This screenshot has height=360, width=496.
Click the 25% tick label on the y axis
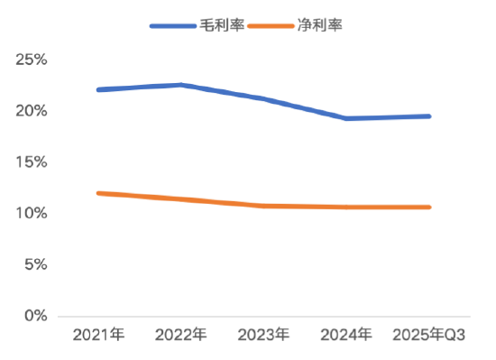tap(32, 60)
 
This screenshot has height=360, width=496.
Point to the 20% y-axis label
tap(32, 111)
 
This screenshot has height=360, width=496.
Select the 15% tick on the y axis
tap(32, 162)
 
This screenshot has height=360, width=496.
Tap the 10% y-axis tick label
tap(32, 213)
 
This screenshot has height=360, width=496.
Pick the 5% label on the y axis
tap(35, 264)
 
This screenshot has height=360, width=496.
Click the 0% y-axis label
tap(35, 316)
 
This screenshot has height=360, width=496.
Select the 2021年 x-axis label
tap(98, 336)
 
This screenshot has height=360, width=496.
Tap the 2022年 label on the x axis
tap(181, 336)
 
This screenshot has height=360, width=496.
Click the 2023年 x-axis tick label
tap(264, 336)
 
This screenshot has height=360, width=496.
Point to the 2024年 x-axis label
tap(346, 336)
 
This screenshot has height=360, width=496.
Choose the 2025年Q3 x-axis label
tap(428, 336)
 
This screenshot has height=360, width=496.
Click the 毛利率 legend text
tap(221, 25)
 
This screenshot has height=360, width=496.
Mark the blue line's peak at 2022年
tap(181, 85)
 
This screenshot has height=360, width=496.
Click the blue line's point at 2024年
tap(346, 118)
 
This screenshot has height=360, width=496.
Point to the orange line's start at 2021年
tap(98, 193)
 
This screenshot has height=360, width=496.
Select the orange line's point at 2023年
tap(264, 206)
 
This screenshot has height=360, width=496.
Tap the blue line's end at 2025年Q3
tap(428, 116)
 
